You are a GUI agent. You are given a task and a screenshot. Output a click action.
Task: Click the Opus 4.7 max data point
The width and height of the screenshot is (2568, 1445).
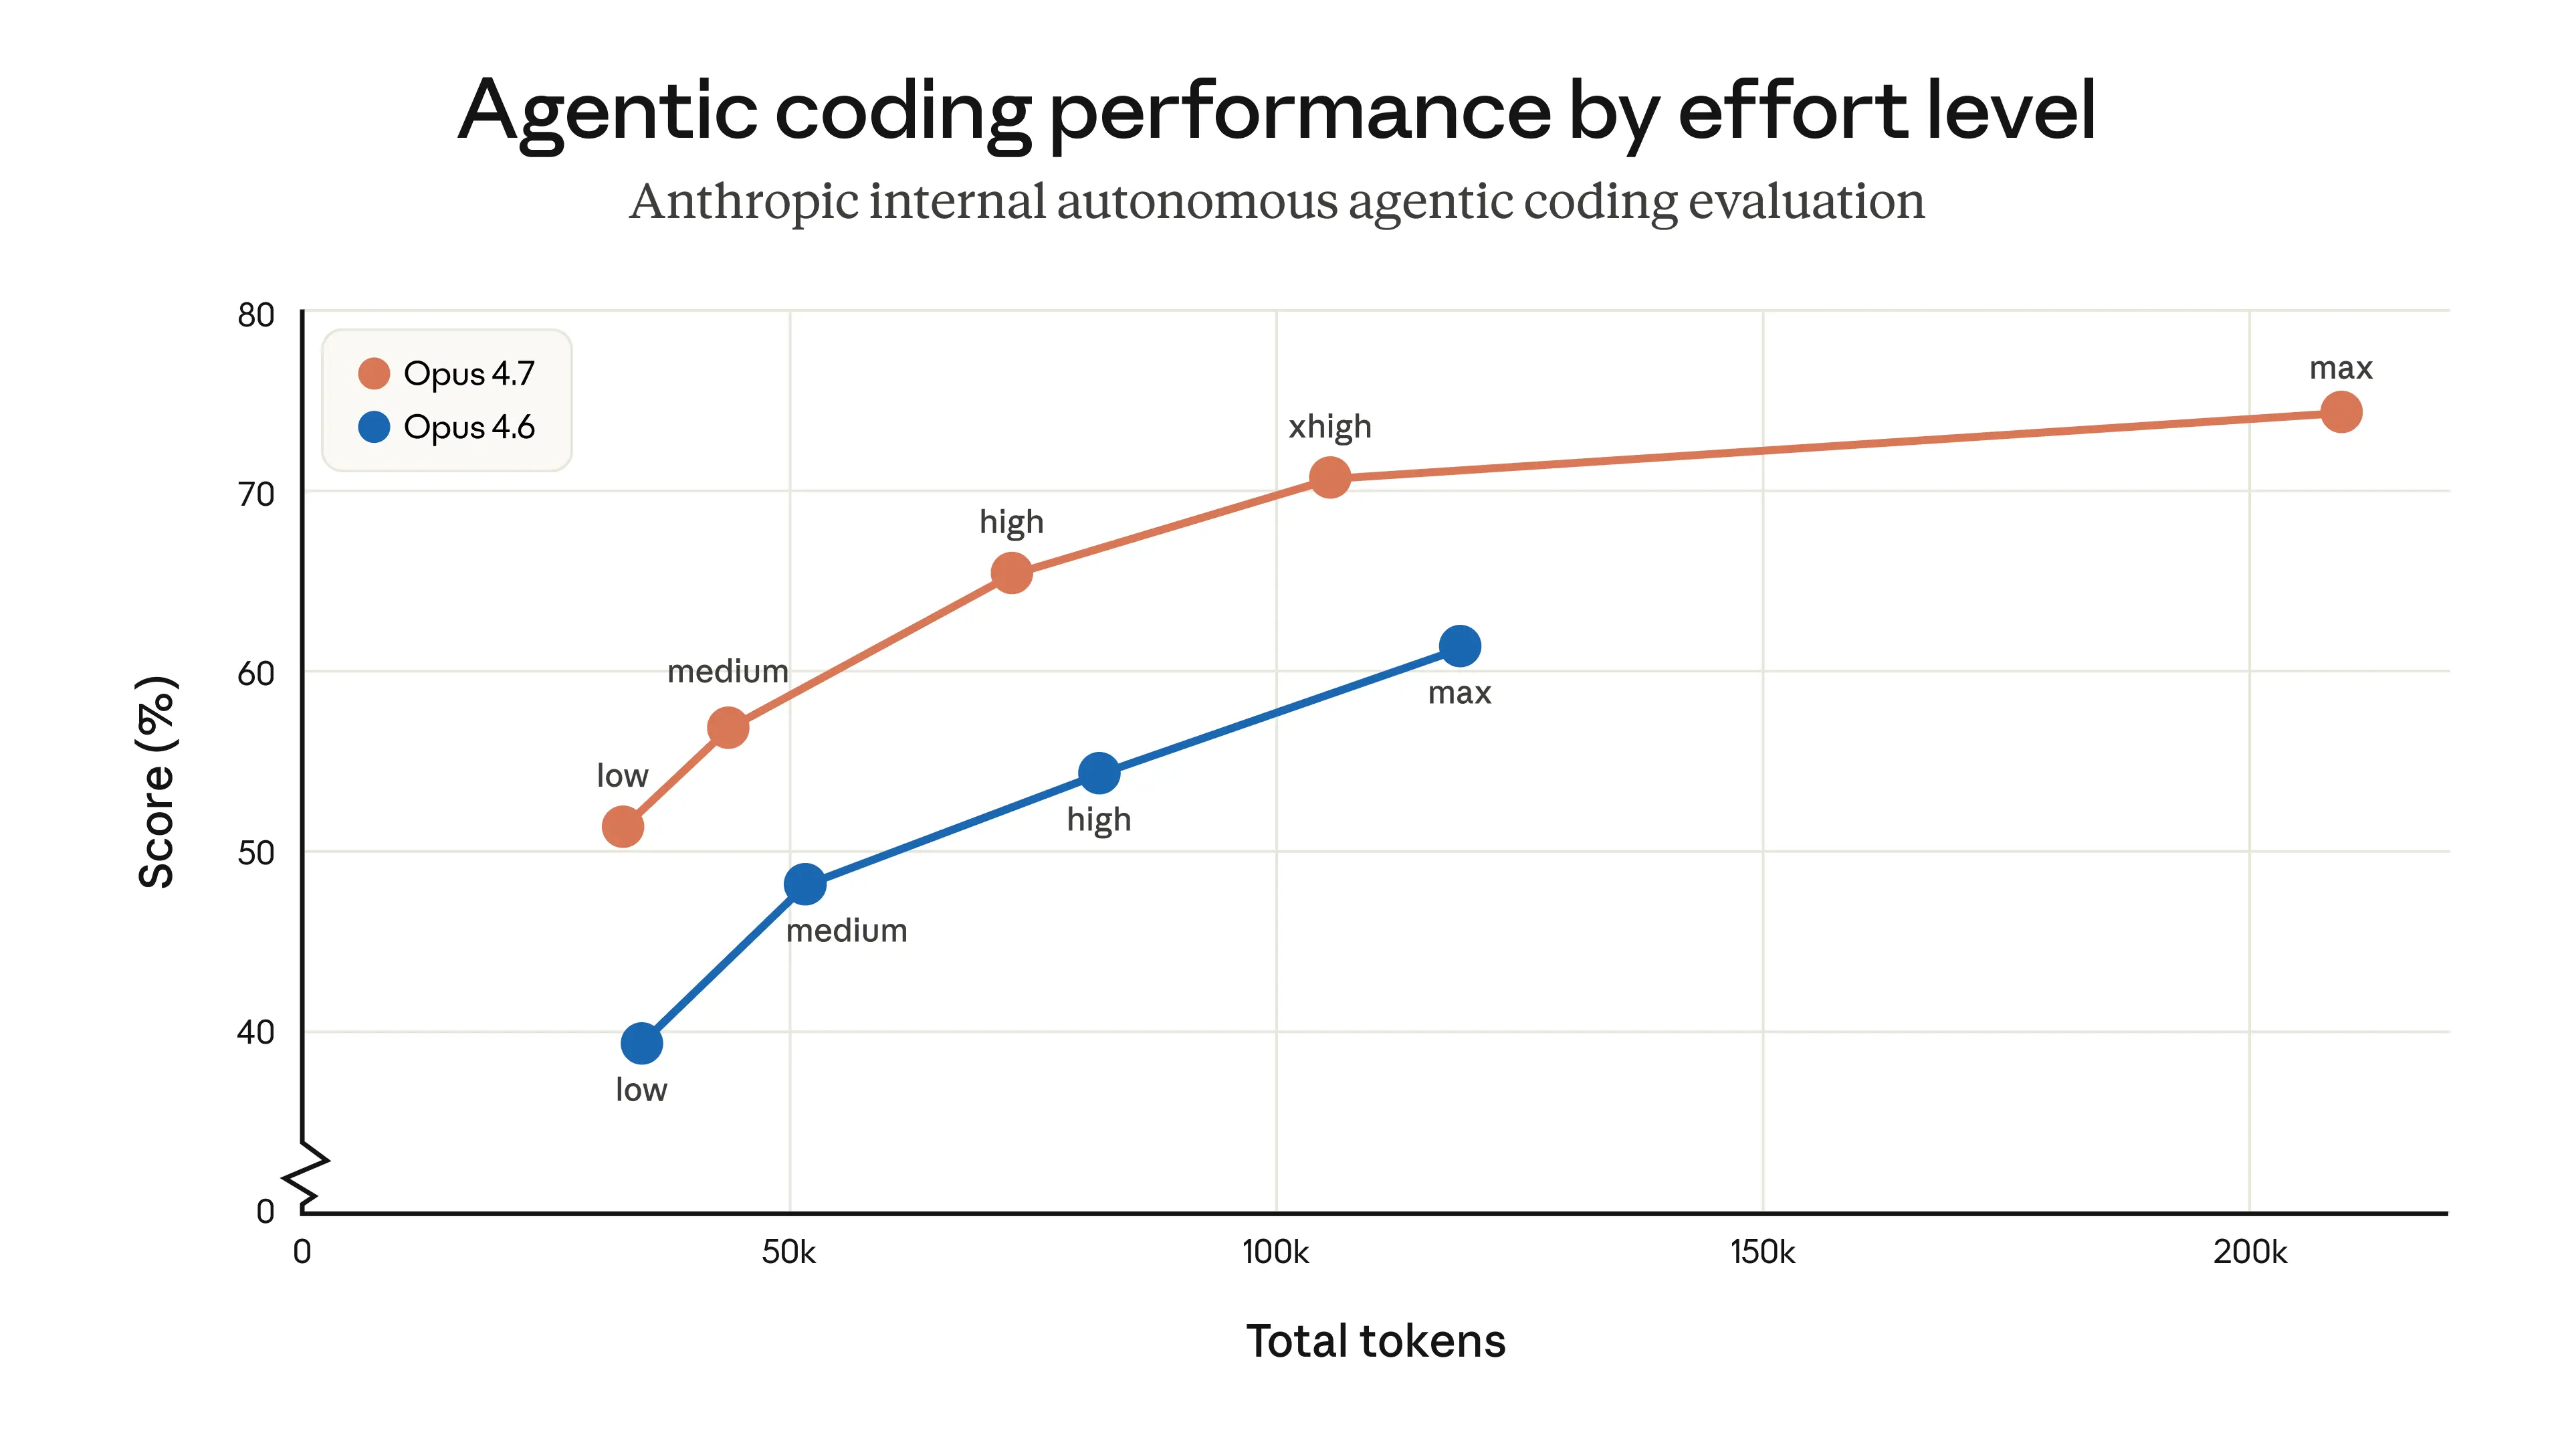tap(2340, 412)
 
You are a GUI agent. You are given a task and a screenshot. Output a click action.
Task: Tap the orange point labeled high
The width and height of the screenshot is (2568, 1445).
tap(1011, 573)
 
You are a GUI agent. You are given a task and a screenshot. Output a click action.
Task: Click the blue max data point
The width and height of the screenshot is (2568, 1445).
tap(1459, 646)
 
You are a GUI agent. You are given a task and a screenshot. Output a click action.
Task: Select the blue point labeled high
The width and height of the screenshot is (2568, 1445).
tap(1099, 773)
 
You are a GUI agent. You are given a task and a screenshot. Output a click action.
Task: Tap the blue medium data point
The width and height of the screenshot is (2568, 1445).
tap(805, 884)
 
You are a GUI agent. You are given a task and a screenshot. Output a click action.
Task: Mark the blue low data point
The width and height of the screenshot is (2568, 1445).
tap(641, 1043)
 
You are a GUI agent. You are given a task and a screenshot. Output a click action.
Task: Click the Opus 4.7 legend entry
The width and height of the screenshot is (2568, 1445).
tap(447, 374)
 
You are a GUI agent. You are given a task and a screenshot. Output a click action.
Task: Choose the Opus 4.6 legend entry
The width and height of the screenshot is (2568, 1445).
tap(447, 427)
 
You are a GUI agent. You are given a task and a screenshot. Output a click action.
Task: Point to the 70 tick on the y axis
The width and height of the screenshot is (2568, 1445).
tap(256, 494)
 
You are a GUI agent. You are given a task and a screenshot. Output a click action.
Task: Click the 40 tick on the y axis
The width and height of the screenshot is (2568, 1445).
tap(256, 1032)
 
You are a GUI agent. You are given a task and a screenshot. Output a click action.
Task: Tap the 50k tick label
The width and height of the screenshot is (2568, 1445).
tap(788, 1252)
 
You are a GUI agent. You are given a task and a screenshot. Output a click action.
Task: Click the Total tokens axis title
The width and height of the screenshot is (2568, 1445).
tap(1375, 1341)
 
